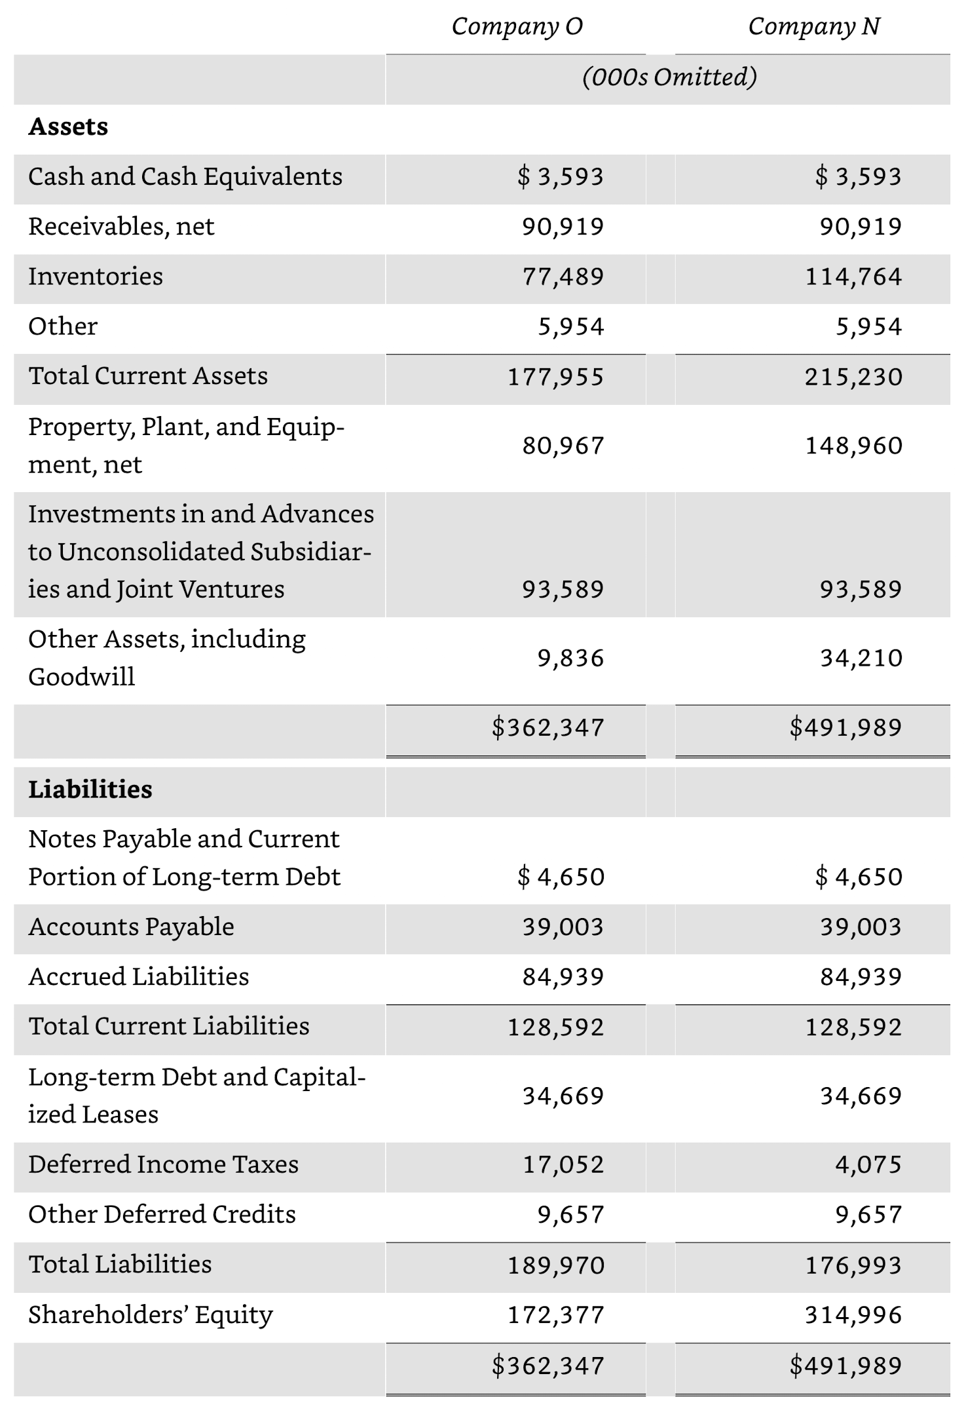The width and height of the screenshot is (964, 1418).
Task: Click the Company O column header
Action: pyautogui.click(x=517, y=27)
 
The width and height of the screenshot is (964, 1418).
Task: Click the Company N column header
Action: pyautogui.click(x=814, y=27)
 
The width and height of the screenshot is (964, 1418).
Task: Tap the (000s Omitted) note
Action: pyautogui.click(x=669, y=77)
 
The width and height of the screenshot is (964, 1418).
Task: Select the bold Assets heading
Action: pyautogui.click(x=68, y=126)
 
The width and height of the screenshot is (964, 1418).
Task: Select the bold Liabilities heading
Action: pyautogui.click(x=90, y=790)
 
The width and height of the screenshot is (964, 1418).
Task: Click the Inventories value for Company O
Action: pyautogui.click(x=563, y=277)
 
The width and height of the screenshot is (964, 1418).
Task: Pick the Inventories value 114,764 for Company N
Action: pyautogui.click(x=853, y=277)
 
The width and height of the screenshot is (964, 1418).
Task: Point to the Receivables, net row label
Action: pyautogui.click(x=121, y=227)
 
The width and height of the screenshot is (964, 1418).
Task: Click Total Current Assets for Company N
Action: pyautogui.click(x=853, y=377)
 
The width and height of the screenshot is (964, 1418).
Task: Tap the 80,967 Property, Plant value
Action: pyautogui.click(x=563, y=446)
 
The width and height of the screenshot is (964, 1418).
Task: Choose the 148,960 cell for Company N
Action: pyautogui.click(x=853, y=446)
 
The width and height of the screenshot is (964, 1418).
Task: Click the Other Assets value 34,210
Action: pyautogui.click(x=861, y=658)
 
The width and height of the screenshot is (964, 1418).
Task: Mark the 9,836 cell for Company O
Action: pyautogui.click(x=570, y=658)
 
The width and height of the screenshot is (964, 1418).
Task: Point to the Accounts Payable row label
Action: pyautogui.click(x=131, y=927)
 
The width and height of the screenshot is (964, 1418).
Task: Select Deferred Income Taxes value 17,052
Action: pyautogui.click(x=563, y=1164)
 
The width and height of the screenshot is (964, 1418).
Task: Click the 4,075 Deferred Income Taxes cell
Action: pyautogui.click(x=868, y=1164)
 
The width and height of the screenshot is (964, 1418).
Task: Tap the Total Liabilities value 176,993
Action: pyautogui.click(x=853, y=1265)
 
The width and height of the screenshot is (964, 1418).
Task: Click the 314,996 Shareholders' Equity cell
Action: pyautogui.click(x=853, y=1314)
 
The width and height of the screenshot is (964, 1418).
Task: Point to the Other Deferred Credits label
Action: pyautogui.click(x=162, y=1214)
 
